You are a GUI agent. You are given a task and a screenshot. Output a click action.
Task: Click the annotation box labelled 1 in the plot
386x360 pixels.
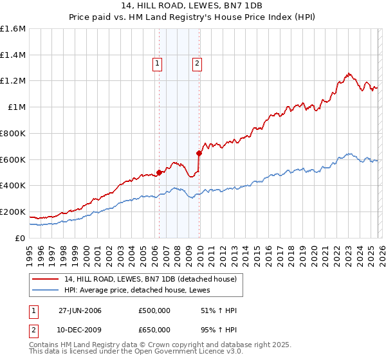158,63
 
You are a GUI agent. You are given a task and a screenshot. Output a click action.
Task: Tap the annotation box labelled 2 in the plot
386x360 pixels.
196,63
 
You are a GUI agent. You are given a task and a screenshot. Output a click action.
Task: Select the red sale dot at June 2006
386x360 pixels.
159,172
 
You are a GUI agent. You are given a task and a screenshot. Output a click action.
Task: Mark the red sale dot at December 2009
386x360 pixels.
199,153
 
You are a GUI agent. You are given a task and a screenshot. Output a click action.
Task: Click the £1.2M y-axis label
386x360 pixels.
13,81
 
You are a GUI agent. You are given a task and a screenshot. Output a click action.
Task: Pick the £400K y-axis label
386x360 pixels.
13,185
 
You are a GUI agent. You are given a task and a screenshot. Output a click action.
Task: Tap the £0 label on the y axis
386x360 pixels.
21,238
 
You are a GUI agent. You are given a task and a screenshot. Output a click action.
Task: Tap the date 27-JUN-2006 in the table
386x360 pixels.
80,310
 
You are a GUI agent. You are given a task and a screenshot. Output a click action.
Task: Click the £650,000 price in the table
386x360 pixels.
154,329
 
